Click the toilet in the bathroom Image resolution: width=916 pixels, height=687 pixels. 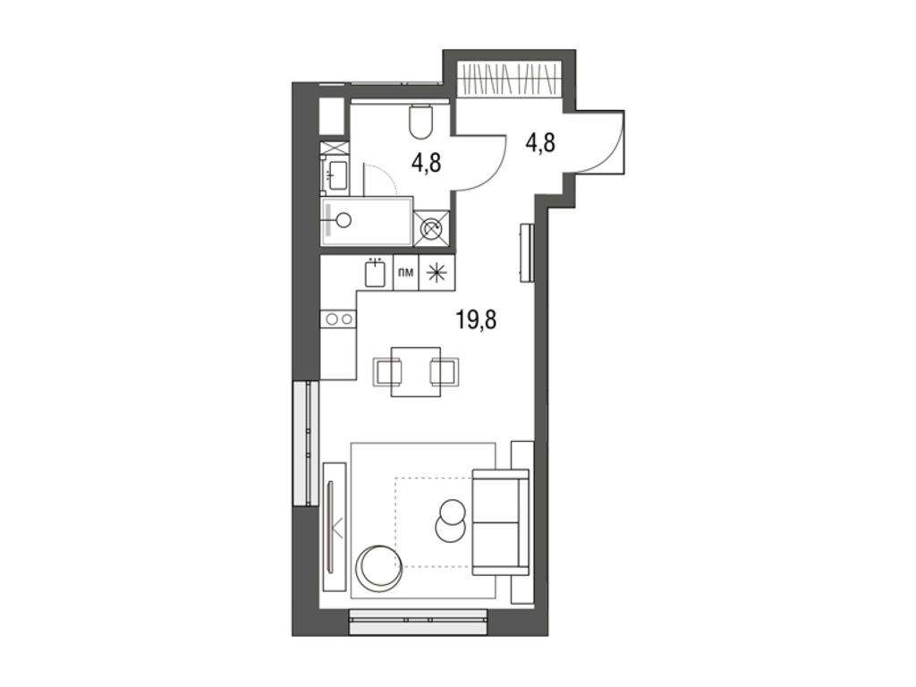[420, 122]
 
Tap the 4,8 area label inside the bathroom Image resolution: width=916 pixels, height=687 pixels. [428, 163]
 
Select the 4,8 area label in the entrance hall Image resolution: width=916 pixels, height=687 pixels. [539, 142]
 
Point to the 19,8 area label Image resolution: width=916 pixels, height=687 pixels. [477, 320]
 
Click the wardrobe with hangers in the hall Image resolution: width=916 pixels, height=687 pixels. [509, 80]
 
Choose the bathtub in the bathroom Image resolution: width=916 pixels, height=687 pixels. [367, 220]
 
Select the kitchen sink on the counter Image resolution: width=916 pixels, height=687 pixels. [375, 272]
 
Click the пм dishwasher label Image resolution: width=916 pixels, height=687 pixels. [405, 274]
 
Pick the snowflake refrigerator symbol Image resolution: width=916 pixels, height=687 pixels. [437, 274]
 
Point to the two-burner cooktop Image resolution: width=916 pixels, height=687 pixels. [339, 318]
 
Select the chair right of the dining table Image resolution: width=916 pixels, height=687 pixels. [445, 369]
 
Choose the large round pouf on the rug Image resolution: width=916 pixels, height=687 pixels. [379, 567]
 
